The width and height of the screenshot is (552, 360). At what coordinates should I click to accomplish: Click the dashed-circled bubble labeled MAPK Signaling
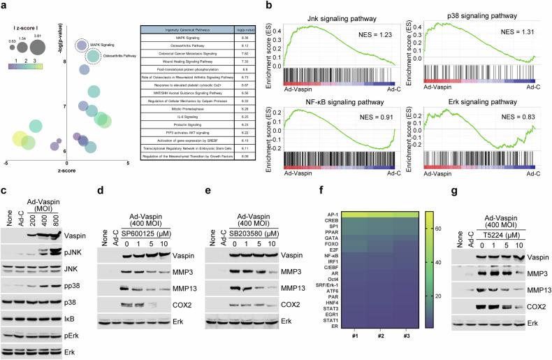(x=81, y=46)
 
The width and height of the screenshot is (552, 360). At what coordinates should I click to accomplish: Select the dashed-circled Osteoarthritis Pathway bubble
(x=91, y=55)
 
